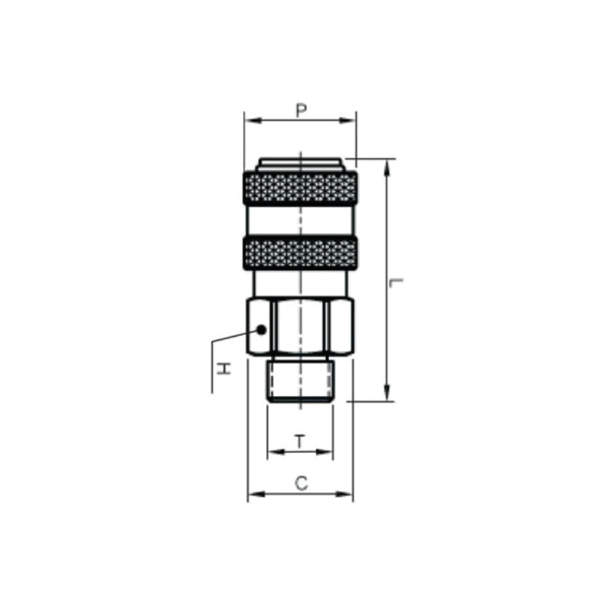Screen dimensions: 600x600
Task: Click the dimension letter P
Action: pyautogui.click(x=302, y=110)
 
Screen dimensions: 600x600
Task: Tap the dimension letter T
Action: pyautogui.click(x=301, y=441)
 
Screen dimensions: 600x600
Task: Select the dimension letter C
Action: pyautogui.click(x=302, y=483)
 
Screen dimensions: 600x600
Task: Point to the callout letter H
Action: pyautogui.click(x=224, y=369)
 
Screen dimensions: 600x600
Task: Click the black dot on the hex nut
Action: pyautogui.click(x=261, y=329)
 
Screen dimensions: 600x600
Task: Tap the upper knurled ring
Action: pyautogui.click(x=301, y=188)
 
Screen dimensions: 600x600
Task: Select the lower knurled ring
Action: pyautogui.click(x=301, y=253)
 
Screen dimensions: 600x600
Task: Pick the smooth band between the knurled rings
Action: pyautogui.click(x=301, y=220)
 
